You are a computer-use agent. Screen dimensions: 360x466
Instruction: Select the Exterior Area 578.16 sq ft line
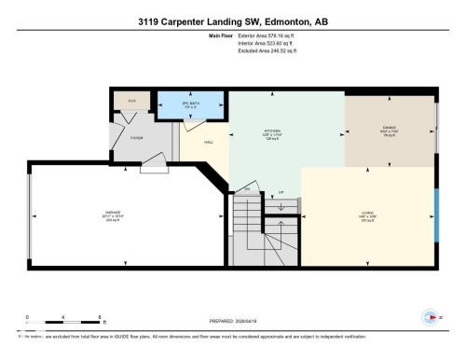tap(264, 36)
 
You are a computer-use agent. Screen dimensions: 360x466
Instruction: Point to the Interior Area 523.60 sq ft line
tap(264, 44)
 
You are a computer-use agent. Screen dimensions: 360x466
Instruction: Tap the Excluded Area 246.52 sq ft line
tap(264, 51)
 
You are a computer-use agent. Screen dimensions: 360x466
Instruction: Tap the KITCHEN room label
tap(272, 131)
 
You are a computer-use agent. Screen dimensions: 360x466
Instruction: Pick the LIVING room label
tap(367, 214)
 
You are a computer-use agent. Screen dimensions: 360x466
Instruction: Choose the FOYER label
tap(136, 138)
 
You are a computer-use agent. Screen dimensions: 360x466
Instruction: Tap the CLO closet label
tap(132, 99)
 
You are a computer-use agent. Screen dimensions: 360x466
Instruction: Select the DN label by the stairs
tap(247, 190)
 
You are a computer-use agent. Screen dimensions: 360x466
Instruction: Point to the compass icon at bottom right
tap(430, 314)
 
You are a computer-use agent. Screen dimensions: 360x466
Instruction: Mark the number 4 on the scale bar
tap(63, 317)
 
